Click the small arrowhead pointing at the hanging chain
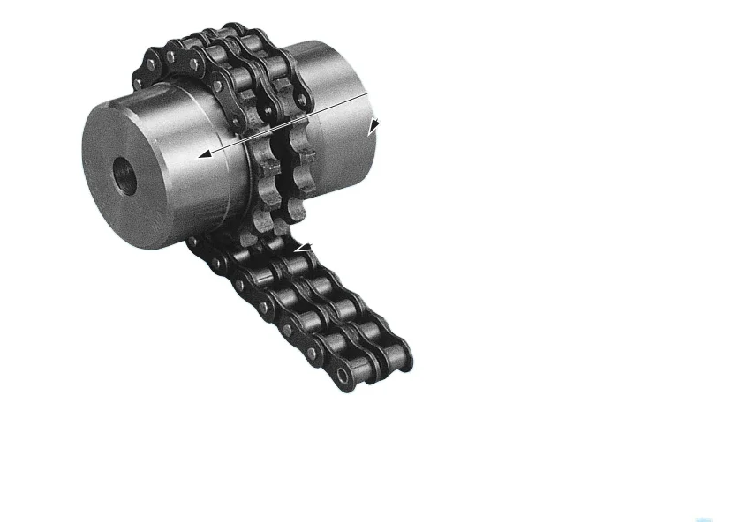tap(302, 250)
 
